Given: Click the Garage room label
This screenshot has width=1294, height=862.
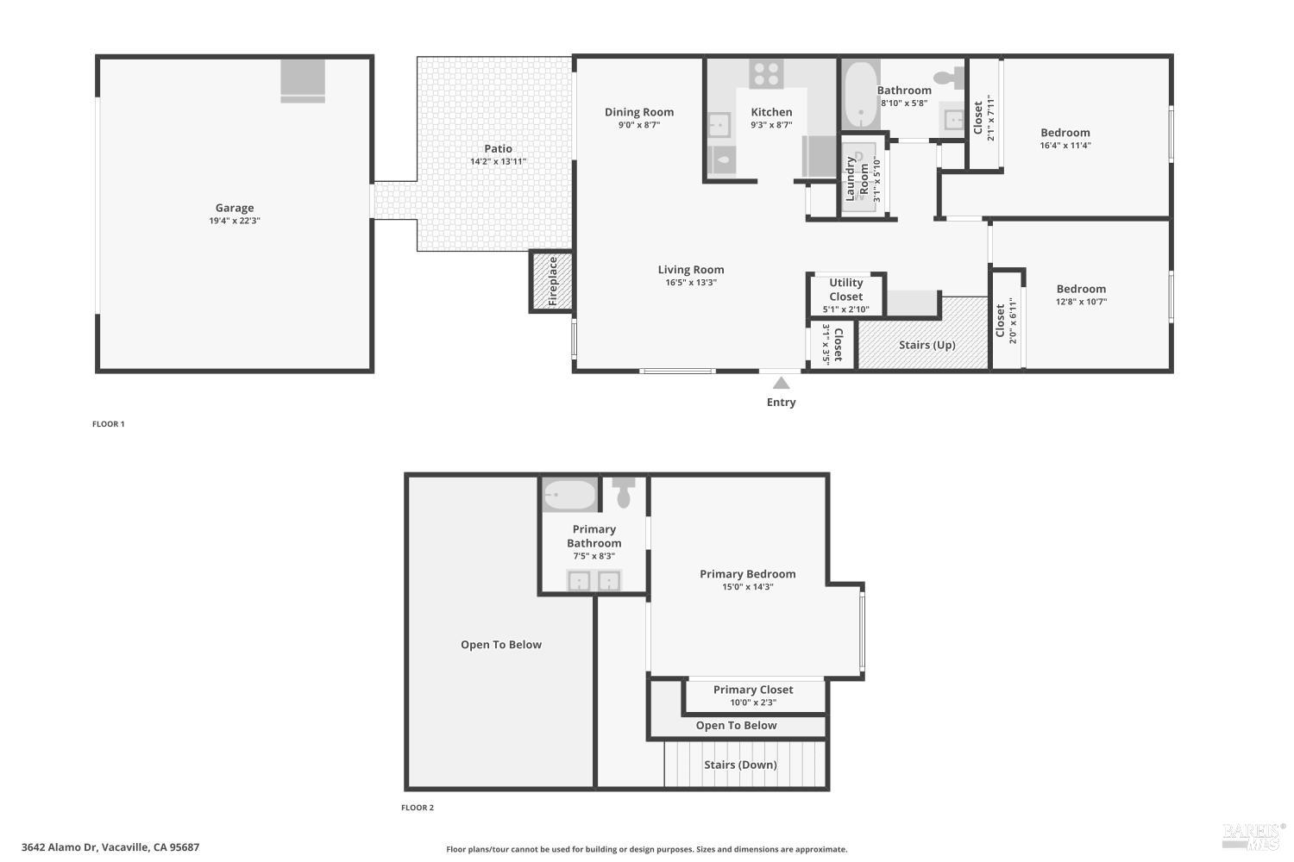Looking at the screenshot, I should click(234, 208).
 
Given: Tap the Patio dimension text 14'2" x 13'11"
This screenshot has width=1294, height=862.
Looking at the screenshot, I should click(498, 162).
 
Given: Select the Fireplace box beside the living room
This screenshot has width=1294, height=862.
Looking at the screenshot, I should click(552, 281).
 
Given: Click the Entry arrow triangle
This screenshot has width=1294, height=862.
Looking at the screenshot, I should click(781, 384).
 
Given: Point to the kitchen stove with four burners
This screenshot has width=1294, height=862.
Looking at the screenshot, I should click(765, 73).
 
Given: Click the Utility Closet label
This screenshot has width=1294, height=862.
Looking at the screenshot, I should click(845, 290).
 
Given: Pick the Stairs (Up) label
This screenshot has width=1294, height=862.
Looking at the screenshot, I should click(927, 345).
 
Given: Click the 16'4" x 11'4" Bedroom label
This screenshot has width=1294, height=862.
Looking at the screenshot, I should click(1065, 133).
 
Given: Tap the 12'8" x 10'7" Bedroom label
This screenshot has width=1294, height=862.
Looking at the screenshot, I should click(1080, 290).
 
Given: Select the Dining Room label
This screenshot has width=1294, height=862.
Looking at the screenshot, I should click(638, 112).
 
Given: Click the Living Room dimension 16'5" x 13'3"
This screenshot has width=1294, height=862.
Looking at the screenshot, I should click(690, 283).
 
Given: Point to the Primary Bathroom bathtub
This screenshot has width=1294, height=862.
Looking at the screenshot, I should click(569, 495).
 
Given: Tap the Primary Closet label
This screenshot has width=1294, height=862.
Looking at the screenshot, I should click(752, 690).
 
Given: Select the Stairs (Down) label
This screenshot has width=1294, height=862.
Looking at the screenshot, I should click(739, 765).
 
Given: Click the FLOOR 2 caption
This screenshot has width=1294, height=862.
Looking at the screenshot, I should click(418, 808).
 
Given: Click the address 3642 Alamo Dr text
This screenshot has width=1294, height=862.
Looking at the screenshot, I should click(110, 847).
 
